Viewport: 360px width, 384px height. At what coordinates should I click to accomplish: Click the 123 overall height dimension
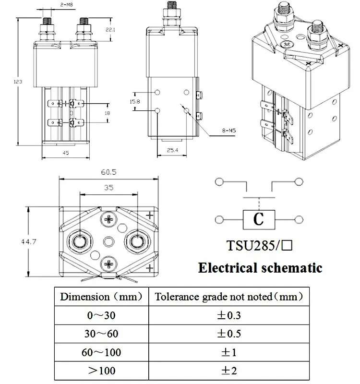18,82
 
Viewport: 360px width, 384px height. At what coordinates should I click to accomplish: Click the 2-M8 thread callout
66,4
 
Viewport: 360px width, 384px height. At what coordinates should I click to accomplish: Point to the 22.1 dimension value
110,30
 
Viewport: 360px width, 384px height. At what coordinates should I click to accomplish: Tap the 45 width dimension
66,153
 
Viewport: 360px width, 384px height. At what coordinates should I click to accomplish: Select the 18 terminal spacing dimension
107,113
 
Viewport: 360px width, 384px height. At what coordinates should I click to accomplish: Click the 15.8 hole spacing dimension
135,101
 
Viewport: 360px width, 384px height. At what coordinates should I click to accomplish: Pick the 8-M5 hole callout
229,131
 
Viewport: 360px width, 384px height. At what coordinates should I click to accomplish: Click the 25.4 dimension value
172,150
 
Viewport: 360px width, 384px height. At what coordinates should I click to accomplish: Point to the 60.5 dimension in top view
109,172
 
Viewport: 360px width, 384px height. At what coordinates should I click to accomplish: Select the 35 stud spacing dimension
109,188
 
